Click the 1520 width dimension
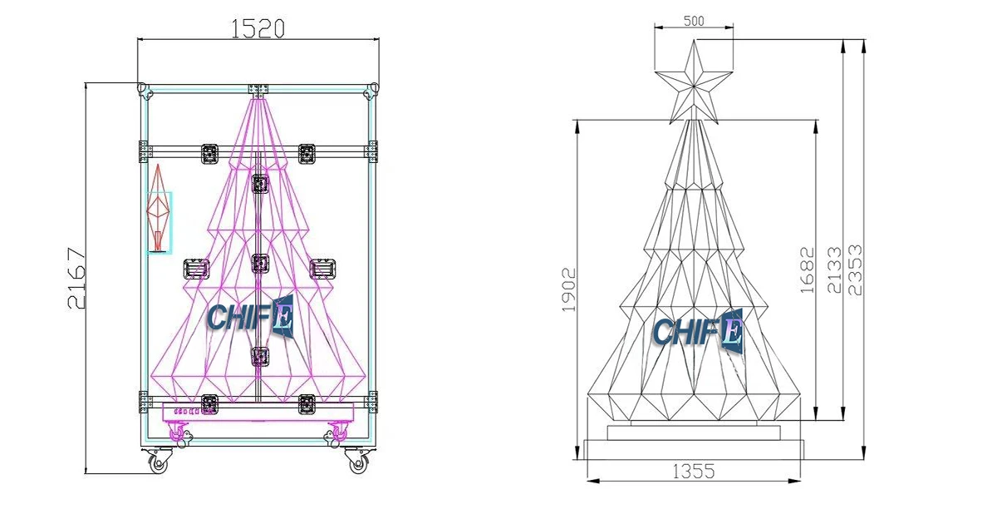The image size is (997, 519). [258, 29]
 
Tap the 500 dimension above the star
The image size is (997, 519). [694, 21]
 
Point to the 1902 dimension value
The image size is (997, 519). [570, 289]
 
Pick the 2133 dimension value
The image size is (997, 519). [833, 269]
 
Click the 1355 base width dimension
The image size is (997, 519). [694, 472]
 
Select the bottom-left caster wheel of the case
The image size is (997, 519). [158, 461]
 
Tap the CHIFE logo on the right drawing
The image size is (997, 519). [696, 330]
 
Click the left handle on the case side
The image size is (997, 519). [196, 269]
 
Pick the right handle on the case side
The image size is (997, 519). [322, 269]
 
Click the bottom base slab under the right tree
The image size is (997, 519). [694, 449]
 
